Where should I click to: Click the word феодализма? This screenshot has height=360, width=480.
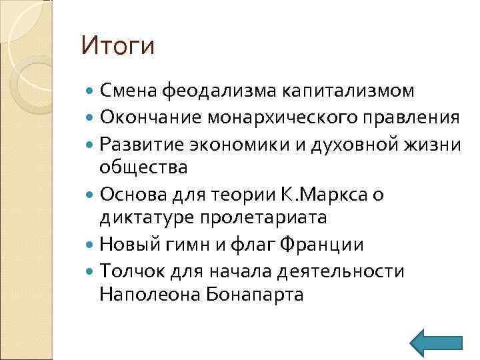[x=219, y=91]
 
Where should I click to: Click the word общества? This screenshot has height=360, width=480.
[x=143, y=167]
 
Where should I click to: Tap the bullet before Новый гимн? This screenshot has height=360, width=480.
[x=91, y=244]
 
